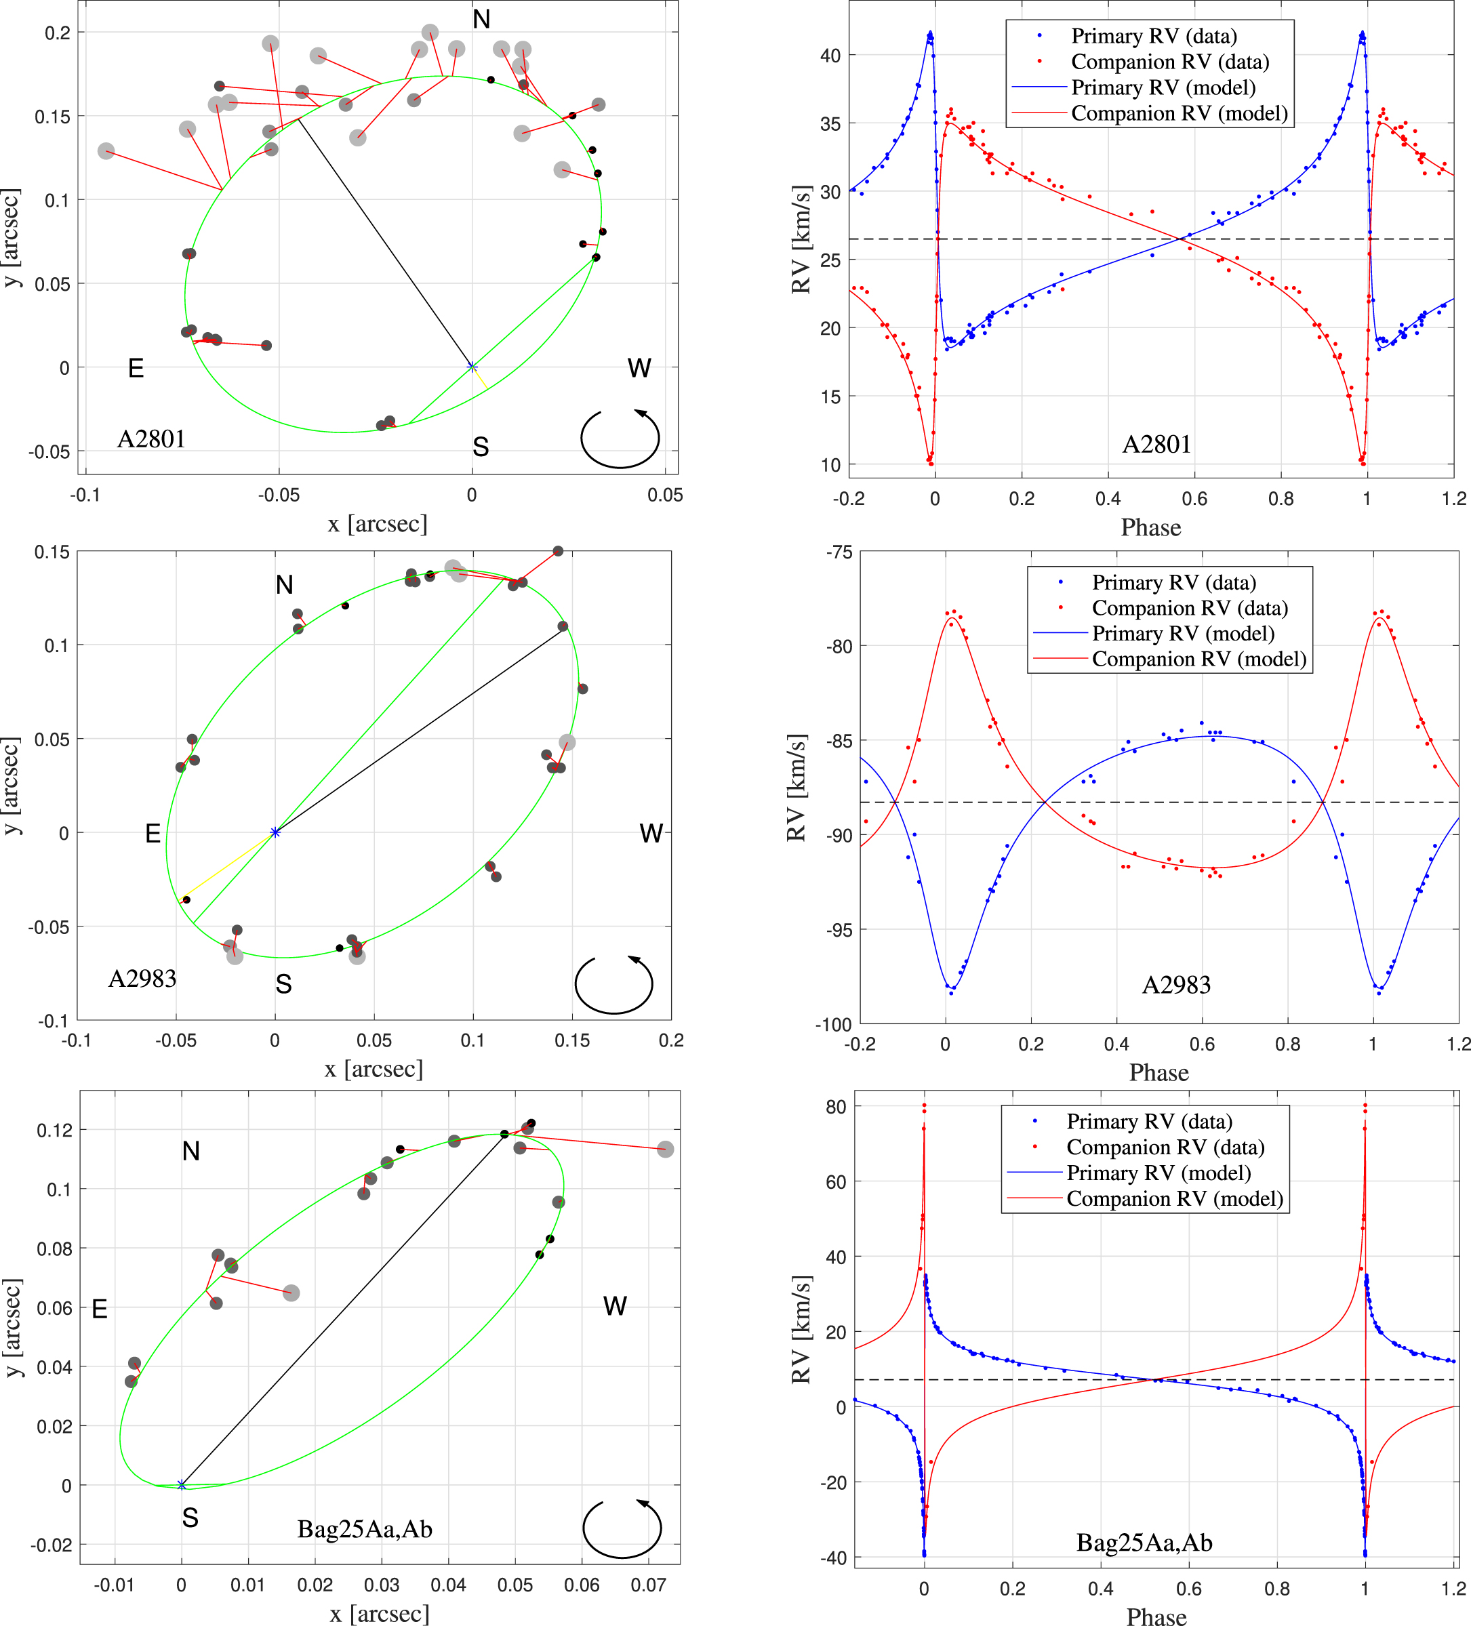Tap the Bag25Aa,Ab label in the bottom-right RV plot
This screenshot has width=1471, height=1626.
(1144, 1542)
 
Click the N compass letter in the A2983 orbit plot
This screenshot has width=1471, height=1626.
(284, 585)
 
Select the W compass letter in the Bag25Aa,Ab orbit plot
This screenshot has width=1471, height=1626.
(615, 1306)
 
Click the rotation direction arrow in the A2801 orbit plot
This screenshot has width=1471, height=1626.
(620, 439)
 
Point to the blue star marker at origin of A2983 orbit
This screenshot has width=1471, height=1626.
(275, 832)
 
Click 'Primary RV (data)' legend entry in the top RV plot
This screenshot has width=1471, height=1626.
(1153, 37)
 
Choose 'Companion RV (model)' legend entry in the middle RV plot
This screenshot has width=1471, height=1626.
(1198, 659)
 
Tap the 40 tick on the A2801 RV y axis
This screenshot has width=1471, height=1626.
(830, 56)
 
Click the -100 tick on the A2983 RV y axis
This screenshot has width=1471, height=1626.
(832, 1024)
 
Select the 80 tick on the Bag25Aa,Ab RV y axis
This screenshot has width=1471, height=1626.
(836, 1107)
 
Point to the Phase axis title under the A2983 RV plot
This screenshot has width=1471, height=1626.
(1159, 1073)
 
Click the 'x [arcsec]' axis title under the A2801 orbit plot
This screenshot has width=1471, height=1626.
(378, 524)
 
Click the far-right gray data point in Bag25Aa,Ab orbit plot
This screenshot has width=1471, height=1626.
(664, 1150)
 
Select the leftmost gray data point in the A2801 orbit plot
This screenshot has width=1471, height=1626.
(106, 151)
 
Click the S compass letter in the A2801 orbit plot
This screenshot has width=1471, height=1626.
(481, 447)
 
